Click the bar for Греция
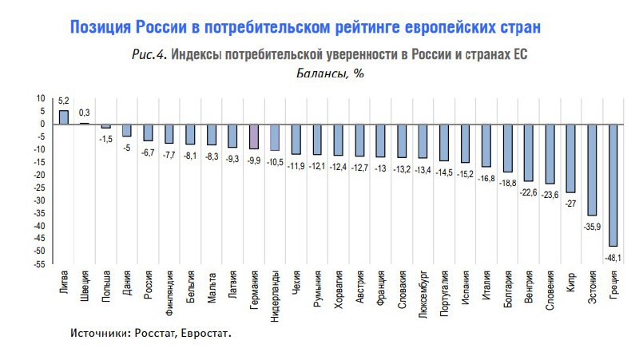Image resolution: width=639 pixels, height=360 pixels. pyautogui.click(x=613, y=184)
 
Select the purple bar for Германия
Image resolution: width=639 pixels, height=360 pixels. pyautogui.click(x=253, y=136)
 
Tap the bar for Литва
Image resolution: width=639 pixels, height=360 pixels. pyautogui.click(x=64, y=117)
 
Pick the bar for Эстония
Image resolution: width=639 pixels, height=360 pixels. pyautogui.click(x=592, y=169)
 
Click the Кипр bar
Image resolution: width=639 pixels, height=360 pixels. pyautogui.click(x=570, y=158)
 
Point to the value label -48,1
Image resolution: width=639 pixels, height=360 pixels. pyautogui.click(x=612, y=257)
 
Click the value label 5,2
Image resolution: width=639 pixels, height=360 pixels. pyautogui.click(x=64, y=101)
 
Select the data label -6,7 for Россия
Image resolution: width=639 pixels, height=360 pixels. pyautogui.click(x=148, y=152)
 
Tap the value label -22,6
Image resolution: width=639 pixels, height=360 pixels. pyautogui.click(x=529, y=192)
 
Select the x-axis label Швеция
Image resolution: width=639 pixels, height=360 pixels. pyautogui.click(x=85, y=287)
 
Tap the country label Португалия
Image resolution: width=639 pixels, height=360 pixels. pyautogui.click(x=443, y=294)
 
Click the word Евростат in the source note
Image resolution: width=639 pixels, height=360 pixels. pyautogui.click(x=205, y=333)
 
